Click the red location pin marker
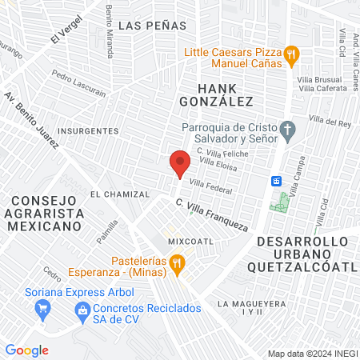[179, 165]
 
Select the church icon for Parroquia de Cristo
[287, 128]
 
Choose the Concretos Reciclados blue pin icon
[81, 308]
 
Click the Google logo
[26, 350]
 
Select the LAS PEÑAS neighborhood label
[152, 26]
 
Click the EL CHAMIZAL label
[120, 194]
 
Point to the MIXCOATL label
[190, 240]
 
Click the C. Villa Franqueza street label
[211, 214]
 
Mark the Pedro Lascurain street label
[78, 84]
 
